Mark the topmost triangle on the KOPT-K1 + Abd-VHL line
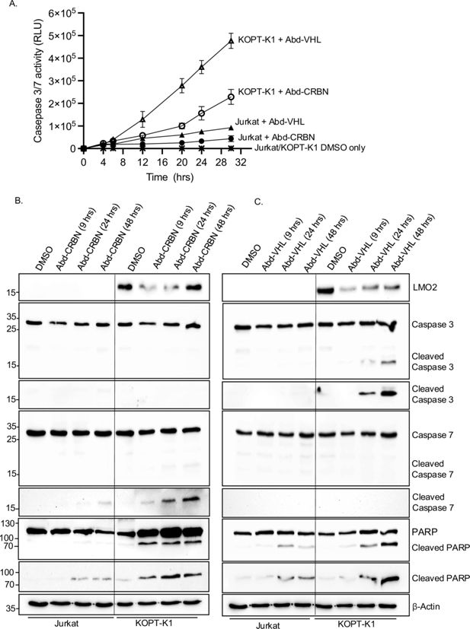[230, 43]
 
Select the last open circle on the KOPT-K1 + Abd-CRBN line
[230, 97]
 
